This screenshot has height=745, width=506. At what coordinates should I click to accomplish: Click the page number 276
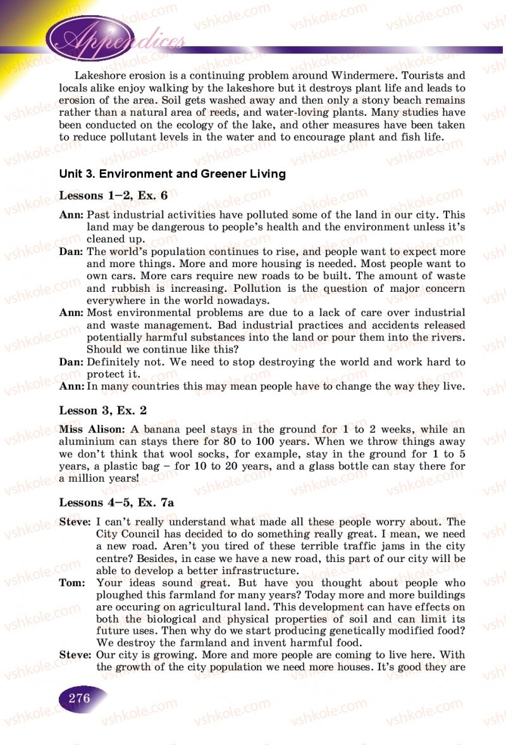[x=80, y=699]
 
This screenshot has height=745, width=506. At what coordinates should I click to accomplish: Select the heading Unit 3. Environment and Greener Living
[x=172, y=173]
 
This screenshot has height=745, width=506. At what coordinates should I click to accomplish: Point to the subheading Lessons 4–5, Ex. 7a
[x=116, y=503]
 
